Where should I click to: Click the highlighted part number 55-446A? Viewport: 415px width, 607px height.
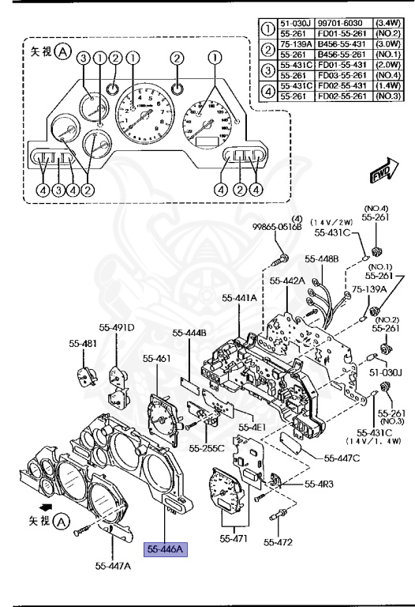point(164,549)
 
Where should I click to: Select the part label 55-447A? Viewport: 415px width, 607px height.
point(113,566)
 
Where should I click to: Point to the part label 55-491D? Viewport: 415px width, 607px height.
point(117,327)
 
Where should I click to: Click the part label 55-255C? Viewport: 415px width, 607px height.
point(207,448)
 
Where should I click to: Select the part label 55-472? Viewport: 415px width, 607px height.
point(279,542)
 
